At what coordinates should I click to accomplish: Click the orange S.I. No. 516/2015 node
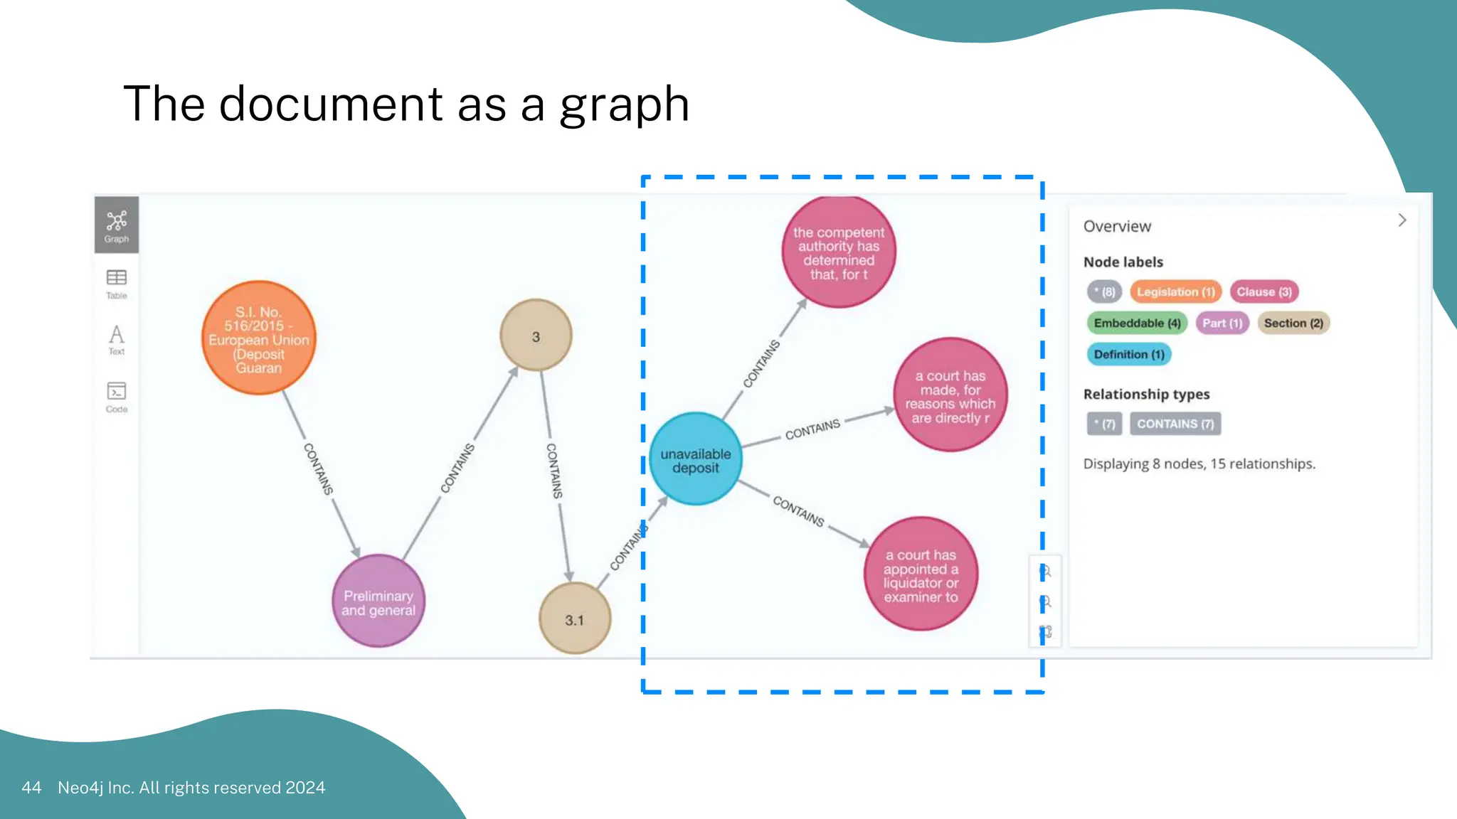click(259, 338)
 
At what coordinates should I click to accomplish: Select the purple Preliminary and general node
click(378, 601)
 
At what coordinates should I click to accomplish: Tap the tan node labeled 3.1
click(574, 619)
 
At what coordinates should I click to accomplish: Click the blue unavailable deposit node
click(695, 459)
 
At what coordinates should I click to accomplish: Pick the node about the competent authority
click(839, 252)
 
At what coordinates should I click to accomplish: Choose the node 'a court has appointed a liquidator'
click(921, 574)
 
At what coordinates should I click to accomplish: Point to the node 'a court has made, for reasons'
click(950, 395)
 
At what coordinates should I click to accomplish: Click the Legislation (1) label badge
click(1175, 291)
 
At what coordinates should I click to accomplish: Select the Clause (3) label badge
click(1264, 291)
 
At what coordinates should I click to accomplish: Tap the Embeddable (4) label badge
click(1137, 323)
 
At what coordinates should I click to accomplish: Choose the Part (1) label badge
click(1222, 323)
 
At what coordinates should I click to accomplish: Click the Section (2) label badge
click(1293, 323)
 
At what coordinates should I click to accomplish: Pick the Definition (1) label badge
click(1129, 354)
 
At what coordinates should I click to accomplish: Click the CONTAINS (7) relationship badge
click(1175, 424)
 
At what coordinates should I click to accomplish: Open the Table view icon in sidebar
click(117, 283)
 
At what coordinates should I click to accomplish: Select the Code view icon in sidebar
click(117, 397)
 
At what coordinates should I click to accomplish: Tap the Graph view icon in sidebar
click(117, 225)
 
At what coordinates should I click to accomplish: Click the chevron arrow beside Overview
click(1402, 220)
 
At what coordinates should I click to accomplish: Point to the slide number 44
click(31, 788)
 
